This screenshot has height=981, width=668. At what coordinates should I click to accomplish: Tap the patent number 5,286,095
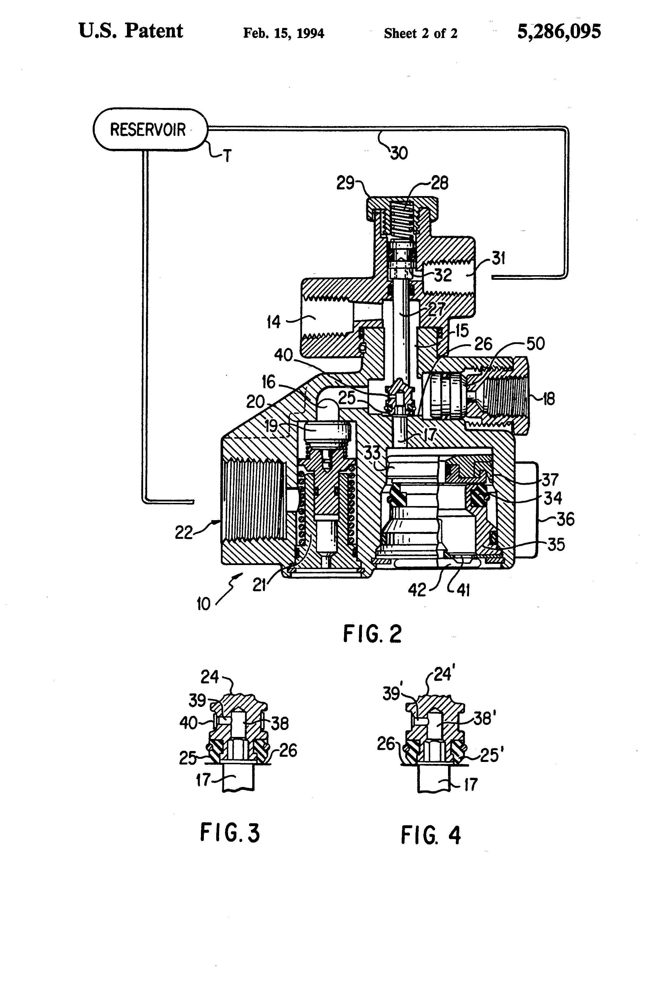[559, 32]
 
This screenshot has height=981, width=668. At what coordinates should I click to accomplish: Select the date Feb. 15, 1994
[283, 33]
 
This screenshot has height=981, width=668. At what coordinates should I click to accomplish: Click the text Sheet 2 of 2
[421, 33]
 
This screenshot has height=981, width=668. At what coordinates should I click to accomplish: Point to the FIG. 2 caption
[372, 634]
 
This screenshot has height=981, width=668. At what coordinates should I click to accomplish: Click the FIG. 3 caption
[230, 832]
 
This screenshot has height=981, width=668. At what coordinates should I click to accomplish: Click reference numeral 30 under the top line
[398, 153]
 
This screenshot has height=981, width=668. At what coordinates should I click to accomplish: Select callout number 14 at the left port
[274, 322]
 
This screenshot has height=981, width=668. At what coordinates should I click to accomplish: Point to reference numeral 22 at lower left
[184, 533]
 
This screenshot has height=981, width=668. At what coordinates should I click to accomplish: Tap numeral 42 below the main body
[417, 590]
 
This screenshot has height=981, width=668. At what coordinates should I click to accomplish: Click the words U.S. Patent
[130, 31]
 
